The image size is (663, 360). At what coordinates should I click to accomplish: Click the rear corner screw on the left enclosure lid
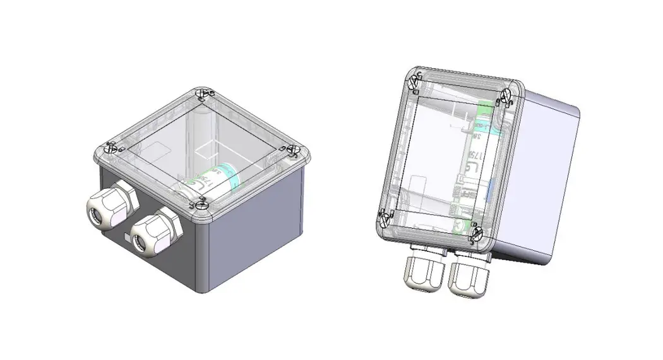coord(201,93)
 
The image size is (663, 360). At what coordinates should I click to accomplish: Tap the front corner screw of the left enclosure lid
coord(201,203)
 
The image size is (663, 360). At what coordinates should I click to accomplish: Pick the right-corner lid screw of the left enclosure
coord(292,150)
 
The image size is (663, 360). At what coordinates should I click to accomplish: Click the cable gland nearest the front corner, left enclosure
coord(153,232)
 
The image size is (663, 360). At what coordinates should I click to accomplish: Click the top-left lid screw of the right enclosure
coord(416,81)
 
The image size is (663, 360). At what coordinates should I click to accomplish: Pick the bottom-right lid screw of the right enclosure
coord(477,234)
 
